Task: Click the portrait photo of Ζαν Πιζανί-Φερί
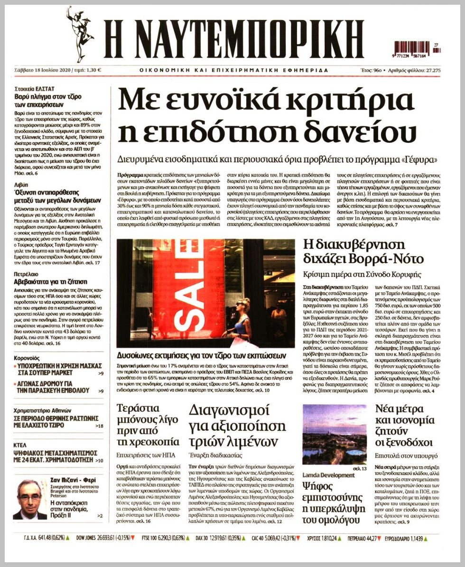[29, 499]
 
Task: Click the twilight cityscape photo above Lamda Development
[334, 434]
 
